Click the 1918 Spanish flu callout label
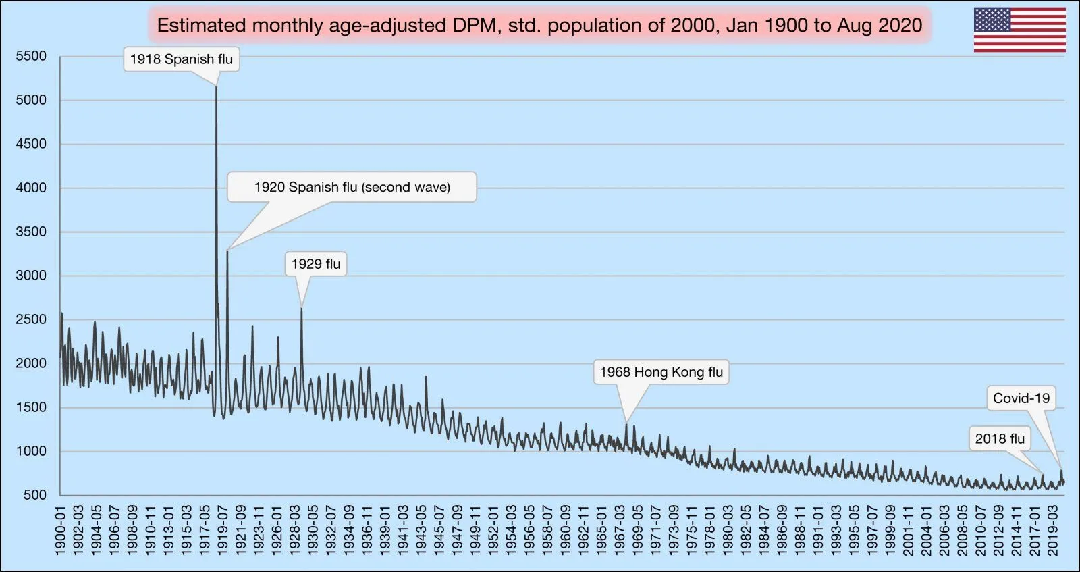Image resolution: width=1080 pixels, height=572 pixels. click(x=181, y=59)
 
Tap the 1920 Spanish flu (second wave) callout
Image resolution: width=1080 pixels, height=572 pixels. click(x=352, y=187)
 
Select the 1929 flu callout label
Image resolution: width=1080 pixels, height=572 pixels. click(x=316, y=264)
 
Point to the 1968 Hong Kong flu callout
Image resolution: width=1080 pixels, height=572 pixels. click(x=661, y=372)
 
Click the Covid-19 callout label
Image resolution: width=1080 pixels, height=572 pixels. click(x=1021, y=398)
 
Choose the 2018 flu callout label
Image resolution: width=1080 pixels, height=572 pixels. click(x=1000, y=439)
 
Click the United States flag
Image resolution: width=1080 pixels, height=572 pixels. click(x=1019, y=30)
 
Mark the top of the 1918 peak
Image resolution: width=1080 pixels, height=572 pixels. click(x=216, y=87)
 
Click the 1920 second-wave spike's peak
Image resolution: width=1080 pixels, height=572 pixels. click(x=227, y=251)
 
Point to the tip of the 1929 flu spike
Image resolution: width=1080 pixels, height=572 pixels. click(x=302, y=309)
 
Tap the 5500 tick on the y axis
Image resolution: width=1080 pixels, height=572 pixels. click(x=31, y=56)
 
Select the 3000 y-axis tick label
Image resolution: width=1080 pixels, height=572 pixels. click(x=31, y=276)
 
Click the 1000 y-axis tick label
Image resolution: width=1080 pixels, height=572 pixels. click(x=31, y=451)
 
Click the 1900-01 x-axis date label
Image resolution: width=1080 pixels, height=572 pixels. click(x=61, y=531)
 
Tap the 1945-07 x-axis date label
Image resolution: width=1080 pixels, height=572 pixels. click(x=439, y=531)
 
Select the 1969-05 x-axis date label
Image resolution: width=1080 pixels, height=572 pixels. click(x=638, y=531)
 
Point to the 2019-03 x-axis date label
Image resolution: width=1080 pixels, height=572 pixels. click(x=1053, y=531)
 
